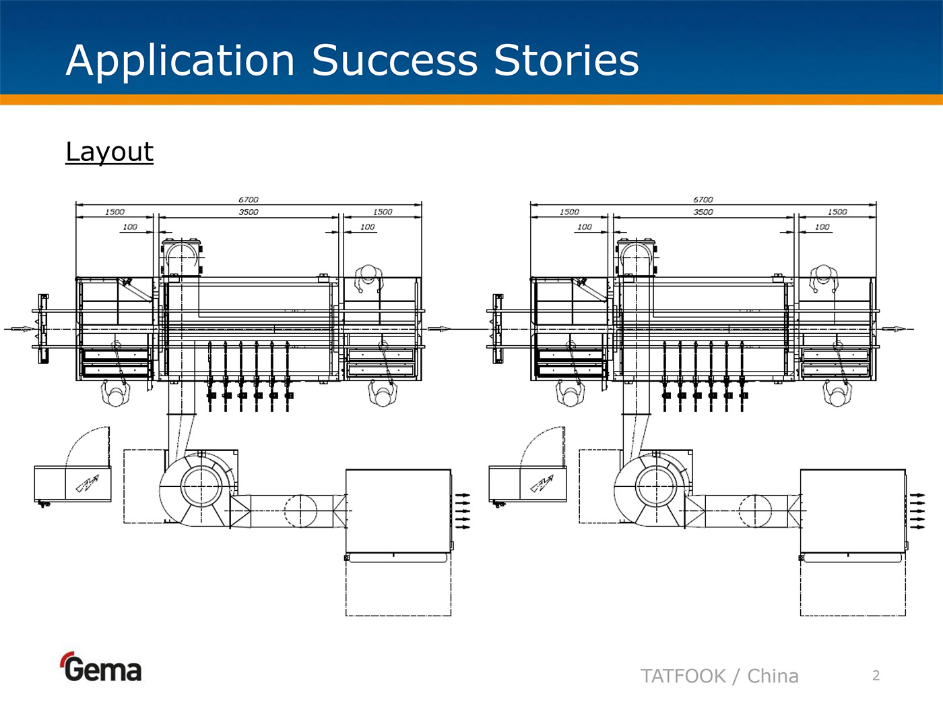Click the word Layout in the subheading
[109, 152]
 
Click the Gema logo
[102, 668]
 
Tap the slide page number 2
[876, 676]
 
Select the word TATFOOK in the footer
[683, 676]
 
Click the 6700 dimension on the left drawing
[248, 200]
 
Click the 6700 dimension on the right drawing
[703, 200]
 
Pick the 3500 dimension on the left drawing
[248, 212]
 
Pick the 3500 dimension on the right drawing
[703, 212]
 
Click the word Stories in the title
[566, 61]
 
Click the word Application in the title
[181, 61]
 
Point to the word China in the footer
[773, 676]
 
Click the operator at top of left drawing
[368, 276]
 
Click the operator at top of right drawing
[823, 276]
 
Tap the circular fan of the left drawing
[200, 485]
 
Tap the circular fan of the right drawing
[655, 485]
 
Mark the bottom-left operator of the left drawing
[115, 393]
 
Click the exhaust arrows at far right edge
[917, 511]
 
